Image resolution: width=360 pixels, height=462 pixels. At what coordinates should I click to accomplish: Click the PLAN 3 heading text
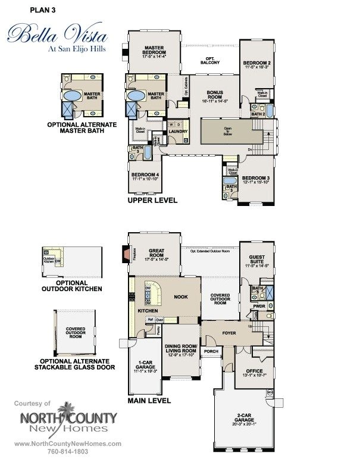[28, 10]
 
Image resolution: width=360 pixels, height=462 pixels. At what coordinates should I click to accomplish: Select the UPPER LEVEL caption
[152, 201]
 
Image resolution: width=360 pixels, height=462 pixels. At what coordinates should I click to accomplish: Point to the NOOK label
[181, 295]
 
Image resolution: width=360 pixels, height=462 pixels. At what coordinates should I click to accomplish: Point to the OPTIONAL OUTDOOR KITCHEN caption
[71, 285]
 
